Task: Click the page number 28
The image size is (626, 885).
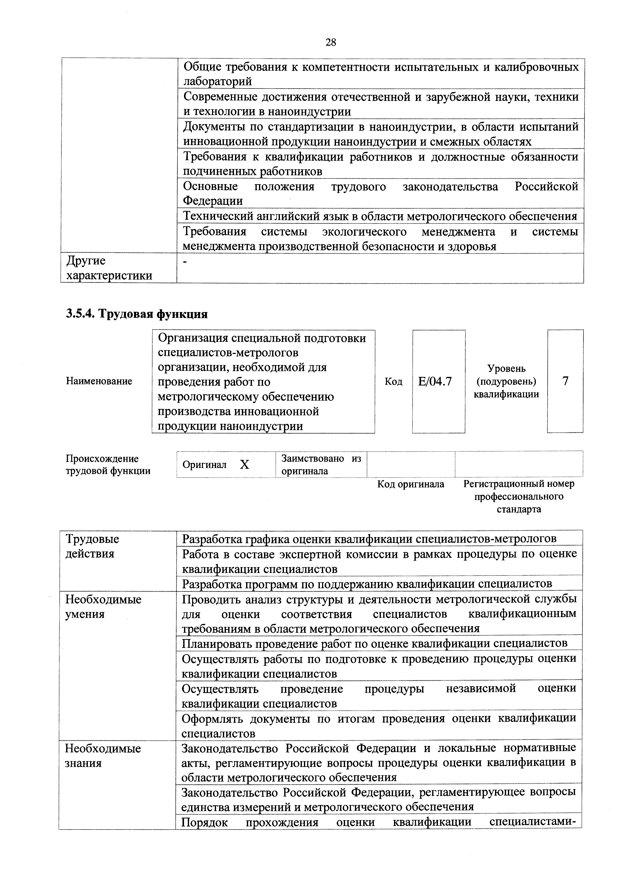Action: coord(331,42)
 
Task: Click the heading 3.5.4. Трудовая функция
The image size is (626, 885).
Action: coord(137,314)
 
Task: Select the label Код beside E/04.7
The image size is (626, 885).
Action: coord(394,382)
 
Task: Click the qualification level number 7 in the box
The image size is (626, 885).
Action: coord(565,381)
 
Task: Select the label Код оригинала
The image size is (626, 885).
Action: coord(411,484)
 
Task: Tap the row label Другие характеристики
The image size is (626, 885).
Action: coord(109,268)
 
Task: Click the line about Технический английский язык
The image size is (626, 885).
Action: coord(380,216)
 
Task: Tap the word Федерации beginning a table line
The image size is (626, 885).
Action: coord(213,201)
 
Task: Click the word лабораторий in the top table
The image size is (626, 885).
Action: coord(218,81)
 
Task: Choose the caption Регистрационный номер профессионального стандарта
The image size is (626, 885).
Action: coord(518,496)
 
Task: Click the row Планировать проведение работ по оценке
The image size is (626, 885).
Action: coord(374,643)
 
